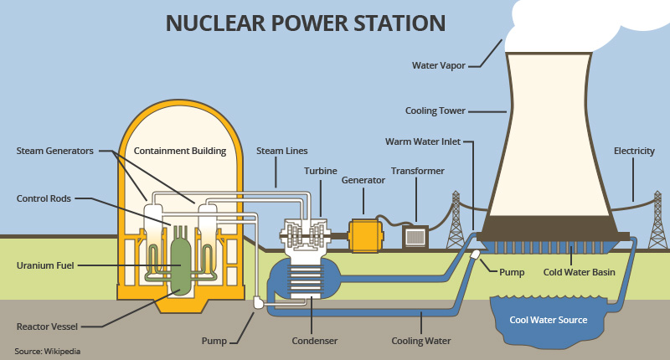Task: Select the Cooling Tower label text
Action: pos(435,110)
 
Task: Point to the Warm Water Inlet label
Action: pos(428,141)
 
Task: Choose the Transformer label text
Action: pos(417,171)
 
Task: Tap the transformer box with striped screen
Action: pos(415,237)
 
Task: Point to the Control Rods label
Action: pos(44,198)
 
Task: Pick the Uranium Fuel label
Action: pos(45,265)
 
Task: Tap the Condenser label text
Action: pos(315,341)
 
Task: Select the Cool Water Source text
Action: pos(549,320)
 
